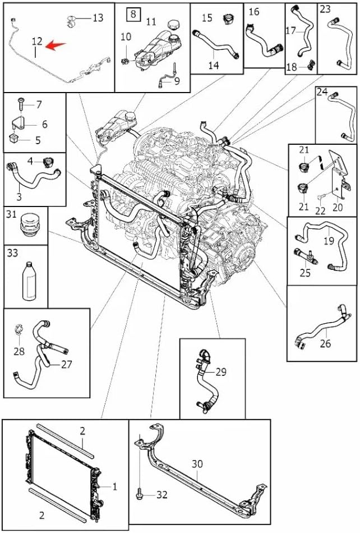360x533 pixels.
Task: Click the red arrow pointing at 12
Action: tap(56, 45)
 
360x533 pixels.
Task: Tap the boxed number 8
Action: tap(133, 13)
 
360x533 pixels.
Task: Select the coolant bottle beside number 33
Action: tap(29, 281)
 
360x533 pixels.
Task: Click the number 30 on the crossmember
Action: tap(197, 463)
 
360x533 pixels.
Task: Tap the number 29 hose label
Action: tap(221, 372)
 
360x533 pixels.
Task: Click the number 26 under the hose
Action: tap(325, 343)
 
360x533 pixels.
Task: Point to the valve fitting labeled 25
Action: tap(305, 256)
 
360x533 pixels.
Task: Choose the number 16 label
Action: tap(254, 12)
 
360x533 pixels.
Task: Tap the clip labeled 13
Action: tap(71, 21)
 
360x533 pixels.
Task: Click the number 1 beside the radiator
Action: tap(114, 487)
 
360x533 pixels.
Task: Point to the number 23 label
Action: tap(325, 9)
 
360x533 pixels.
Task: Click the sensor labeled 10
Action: tap(125, 61)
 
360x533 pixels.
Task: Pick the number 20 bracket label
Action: tap(338, 206)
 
